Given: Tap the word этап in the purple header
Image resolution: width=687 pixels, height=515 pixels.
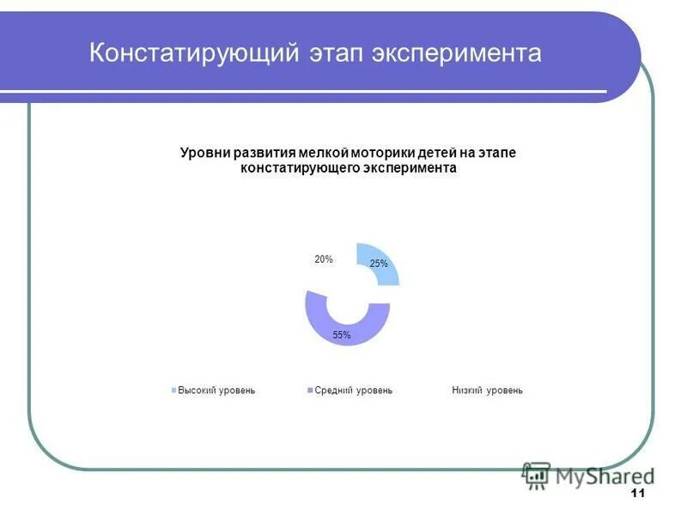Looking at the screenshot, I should point(336,53).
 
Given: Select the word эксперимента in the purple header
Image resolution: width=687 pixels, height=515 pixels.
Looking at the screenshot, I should point(458,53).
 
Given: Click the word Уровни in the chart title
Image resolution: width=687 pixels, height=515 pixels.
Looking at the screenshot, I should point(202,153).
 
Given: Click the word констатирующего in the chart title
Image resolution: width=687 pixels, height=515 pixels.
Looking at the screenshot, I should point(295,169).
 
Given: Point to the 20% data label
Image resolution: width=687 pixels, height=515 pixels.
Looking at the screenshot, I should point(323,258).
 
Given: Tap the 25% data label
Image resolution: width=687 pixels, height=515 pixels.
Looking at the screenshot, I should point(379,264).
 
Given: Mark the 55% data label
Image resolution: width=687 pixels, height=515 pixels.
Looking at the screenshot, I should point(342,335).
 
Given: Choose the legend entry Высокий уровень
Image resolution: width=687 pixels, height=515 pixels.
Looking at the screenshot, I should point(216,391).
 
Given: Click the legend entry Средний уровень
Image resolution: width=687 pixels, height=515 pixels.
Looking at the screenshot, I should point(353,391).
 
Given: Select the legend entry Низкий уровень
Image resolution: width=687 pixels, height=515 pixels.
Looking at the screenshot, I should point(487,391).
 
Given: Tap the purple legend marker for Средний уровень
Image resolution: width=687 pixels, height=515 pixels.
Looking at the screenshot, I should point(310,391).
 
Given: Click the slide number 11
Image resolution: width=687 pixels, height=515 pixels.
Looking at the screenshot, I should point(637,493).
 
